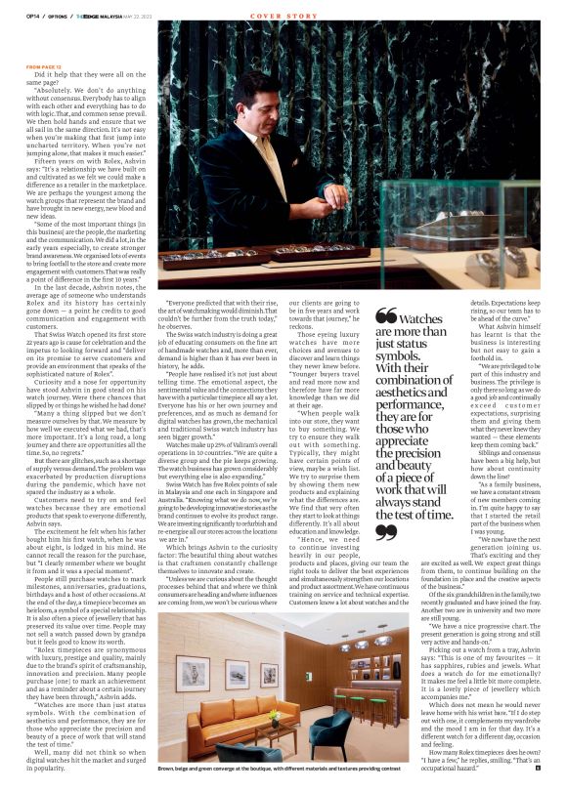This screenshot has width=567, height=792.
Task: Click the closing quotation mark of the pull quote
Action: click(x=385, y=531)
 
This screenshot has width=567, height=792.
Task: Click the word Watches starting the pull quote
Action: click(x=421, y=318)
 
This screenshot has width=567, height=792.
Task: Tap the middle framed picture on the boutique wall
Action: click(x=236, y=671)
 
